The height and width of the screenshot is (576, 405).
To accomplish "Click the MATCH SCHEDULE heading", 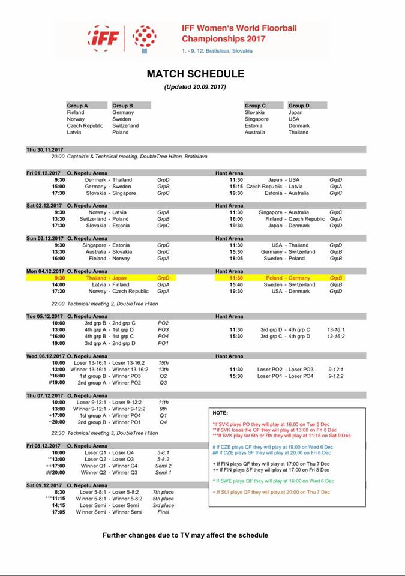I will [x=196, y=74].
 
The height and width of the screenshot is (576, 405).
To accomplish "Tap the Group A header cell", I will [x=77, y=106].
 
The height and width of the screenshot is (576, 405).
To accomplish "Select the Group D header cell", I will [x=299, y=106].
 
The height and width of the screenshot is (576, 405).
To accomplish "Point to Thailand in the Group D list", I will [x=298, y=132].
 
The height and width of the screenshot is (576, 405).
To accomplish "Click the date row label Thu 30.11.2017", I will [x=44, y=149].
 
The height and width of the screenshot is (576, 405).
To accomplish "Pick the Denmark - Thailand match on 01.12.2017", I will [x=109, y=179].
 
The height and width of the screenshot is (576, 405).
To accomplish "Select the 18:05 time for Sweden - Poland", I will [x=236, y=258].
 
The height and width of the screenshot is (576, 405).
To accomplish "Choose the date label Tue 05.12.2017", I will [x=44, y=316].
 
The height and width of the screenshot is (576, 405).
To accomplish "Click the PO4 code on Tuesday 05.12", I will [x=163, y=336].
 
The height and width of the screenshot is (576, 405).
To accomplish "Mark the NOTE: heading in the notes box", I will [x=220, y=413].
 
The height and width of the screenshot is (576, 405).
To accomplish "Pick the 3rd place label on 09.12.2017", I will [x=163, y=505].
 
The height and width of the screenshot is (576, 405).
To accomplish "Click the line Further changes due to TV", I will [x=185, y=535].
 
